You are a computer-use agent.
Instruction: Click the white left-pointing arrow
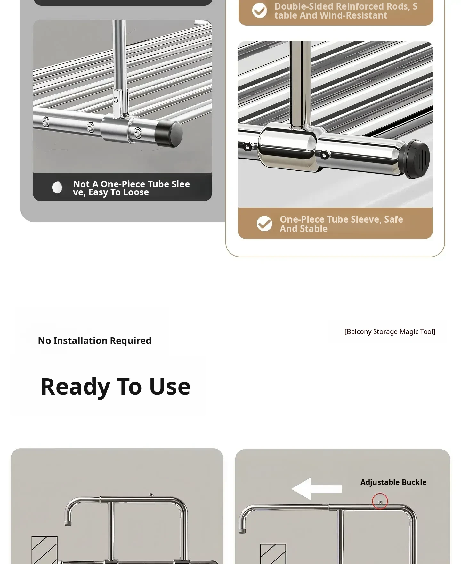tap(316, 489)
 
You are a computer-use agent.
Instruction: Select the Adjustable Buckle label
tap(393, 482)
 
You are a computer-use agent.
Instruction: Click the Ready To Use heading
tap(116, 387)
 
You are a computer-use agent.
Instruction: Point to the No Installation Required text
tap(94, 341)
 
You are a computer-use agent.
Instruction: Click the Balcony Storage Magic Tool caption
tap(390, 331)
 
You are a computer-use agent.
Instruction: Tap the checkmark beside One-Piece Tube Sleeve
tap(264, 224)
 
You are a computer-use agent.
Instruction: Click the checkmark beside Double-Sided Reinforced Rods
tap(259, 11)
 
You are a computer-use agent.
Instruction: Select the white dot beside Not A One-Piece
tap(57, 187)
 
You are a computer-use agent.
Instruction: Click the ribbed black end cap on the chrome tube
tap(415, 159)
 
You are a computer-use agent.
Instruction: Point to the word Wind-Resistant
tap(353, 15)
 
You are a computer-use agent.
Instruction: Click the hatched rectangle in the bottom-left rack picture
tap(44, 550)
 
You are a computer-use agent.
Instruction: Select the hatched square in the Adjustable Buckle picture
tap(273, 554)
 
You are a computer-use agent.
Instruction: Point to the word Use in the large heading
tap(170, 387)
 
